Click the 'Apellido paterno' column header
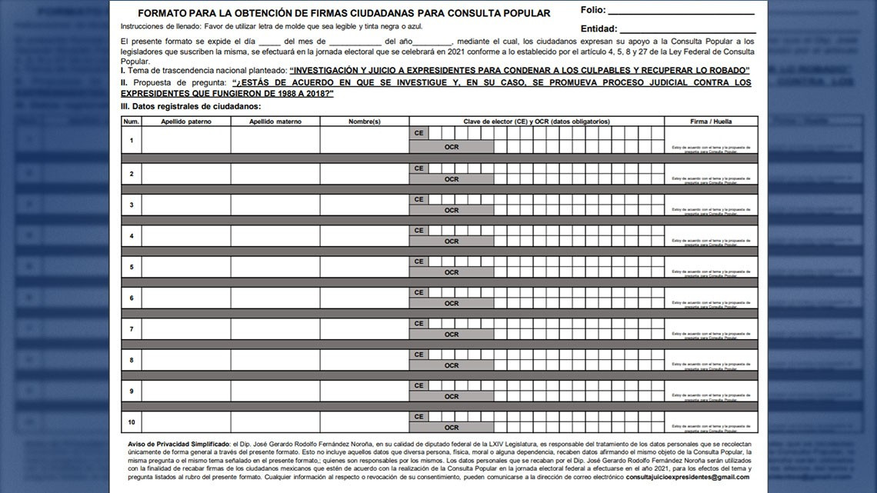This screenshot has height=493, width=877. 185,122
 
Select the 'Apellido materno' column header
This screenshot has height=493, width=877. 275,122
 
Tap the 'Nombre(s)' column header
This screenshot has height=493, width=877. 365,122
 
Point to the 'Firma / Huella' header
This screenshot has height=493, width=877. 711,122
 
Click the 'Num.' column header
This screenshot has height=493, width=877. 131,122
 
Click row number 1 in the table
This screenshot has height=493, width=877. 131,140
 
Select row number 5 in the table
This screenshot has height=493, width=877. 131,267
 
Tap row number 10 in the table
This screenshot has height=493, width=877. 131,422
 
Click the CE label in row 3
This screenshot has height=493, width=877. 418,199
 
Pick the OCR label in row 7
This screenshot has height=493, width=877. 452,335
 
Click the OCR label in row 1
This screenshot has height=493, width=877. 452,146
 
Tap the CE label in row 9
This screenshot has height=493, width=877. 418,385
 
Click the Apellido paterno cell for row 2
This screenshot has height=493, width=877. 185,174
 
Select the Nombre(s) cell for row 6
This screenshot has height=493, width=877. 365,298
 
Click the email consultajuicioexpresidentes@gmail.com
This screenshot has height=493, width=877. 687,477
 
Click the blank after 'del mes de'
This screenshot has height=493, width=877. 355,40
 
